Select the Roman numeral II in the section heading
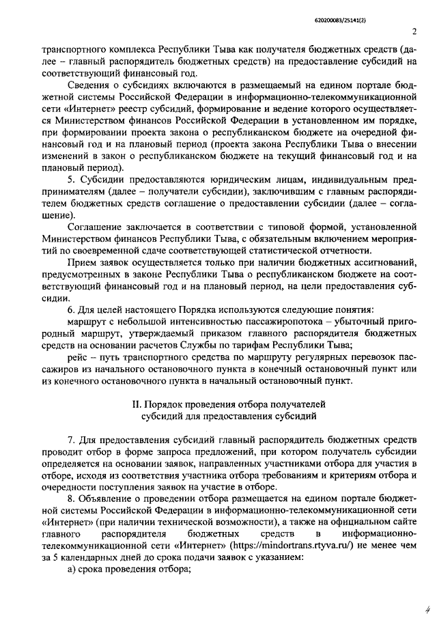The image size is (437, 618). point(137,404)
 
